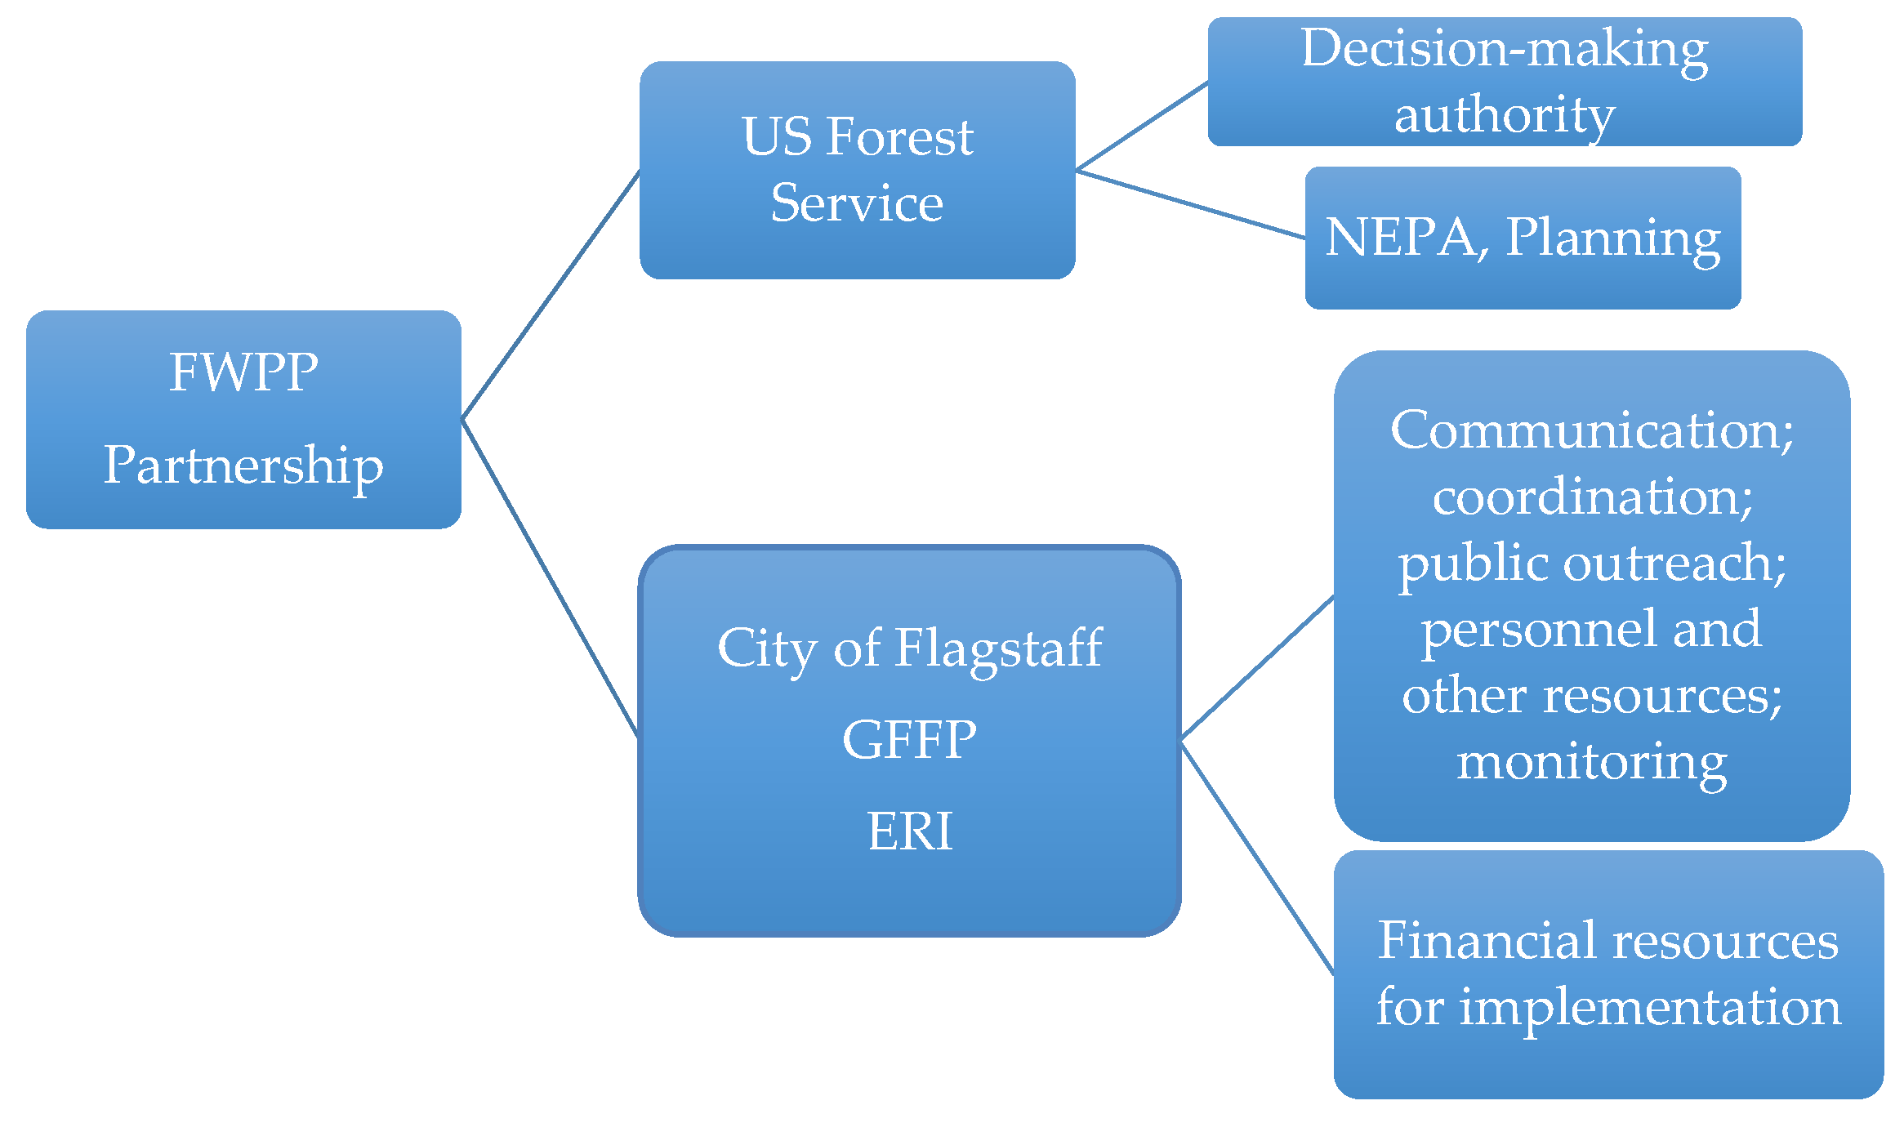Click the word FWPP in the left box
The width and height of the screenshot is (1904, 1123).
[x=243, y=373]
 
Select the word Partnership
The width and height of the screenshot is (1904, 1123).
[x=243, y=466]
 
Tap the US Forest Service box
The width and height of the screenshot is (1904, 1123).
[x=857, y=170]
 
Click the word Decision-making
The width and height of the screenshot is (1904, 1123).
[x=1505, y=49]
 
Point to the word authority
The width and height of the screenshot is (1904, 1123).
[x=1505, y=114]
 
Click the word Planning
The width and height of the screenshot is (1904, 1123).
[x=1613, y=238]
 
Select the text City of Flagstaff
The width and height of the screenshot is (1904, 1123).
[x=909, y=648]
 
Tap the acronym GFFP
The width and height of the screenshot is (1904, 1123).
[x=909, y=740]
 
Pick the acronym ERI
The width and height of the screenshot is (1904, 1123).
[x=909, y=831]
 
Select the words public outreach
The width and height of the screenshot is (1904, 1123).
[x=1591, y=564]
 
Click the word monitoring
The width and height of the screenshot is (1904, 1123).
[x=1591, y=762]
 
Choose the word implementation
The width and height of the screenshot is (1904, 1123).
[x=1650, y=1007]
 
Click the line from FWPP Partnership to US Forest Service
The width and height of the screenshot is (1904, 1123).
[x=551, y=295]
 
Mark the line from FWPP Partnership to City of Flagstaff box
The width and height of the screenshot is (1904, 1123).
[x=549, y=577]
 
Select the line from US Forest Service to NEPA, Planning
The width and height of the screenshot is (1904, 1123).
[x=1190, y=204]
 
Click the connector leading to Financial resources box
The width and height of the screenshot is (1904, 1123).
[x=1258, y=858]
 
